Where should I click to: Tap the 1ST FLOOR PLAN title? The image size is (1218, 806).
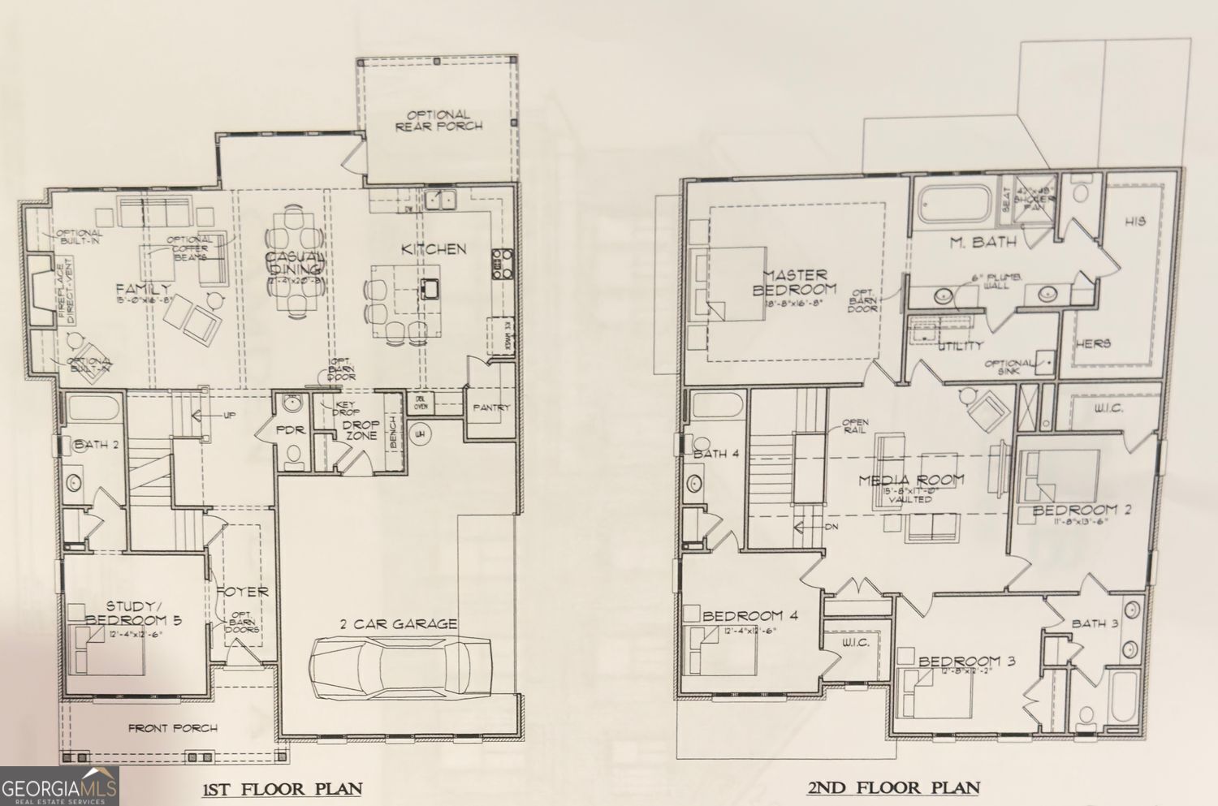click(x=282, y=788)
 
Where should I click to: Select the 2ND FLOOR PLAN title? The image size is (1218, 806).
click(x=892, y=787)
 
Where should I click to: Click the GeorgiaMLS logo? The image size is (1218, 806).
click(x=59, y=787)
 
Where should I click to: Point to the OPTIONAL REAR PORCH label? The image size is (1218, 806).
click(x=438, y=120)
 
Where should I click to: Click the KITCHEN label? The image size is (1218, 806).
click(x=434, y=248)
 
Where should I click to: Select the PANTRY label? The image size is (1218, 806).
click(x=491, y=407)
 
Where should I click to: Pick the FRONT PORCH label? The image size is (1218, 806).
click(x=173, y=728)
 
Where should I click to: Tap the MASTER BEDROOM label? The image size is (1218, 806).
click(x=794, y=282)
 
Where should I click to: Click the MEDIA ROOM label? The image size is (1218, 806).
click(x=911, y=480)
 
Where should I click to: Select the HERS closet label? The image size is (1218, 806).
click(x=1092, y=343)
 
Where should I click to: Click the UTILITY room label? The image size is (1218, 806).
click(x=961, y=346)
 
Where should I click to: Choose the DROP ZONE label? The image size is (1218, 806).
click(x=361, y=429)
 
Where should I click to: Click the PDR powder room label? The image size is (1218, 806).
click(x=290, y=429)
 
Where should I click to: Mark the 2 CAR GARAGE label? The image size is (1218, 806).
click(x=398, y=623)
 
